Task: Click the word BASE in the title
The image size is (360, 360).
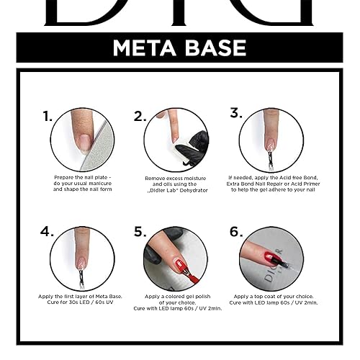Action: click(214, 48)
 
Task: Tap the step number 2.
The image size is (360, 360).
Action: click(140, 116)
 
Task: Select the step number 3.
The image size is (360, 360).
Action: click(235, 113)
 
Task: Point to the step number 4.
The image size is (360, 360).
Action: click(48, 233)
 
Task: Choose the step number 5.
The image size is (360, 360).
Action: click(140, 233)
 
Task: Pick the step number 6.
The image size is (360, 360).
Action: click(235, 232)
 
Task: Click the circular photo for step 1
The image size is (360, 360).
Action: click(82, 139)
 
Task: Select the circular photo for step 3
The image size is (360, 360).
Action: click(271, 139)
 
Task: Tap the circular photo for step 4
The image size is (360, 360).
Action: click(82, 258)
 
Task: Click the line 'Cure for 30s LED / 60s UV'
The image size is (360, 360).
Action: click(82, 302)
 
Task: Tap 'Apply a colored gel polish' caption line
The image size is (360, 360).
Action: click(176, 296)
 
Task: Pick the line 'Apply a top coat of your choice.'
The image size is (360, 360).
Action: click(271, 296)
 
